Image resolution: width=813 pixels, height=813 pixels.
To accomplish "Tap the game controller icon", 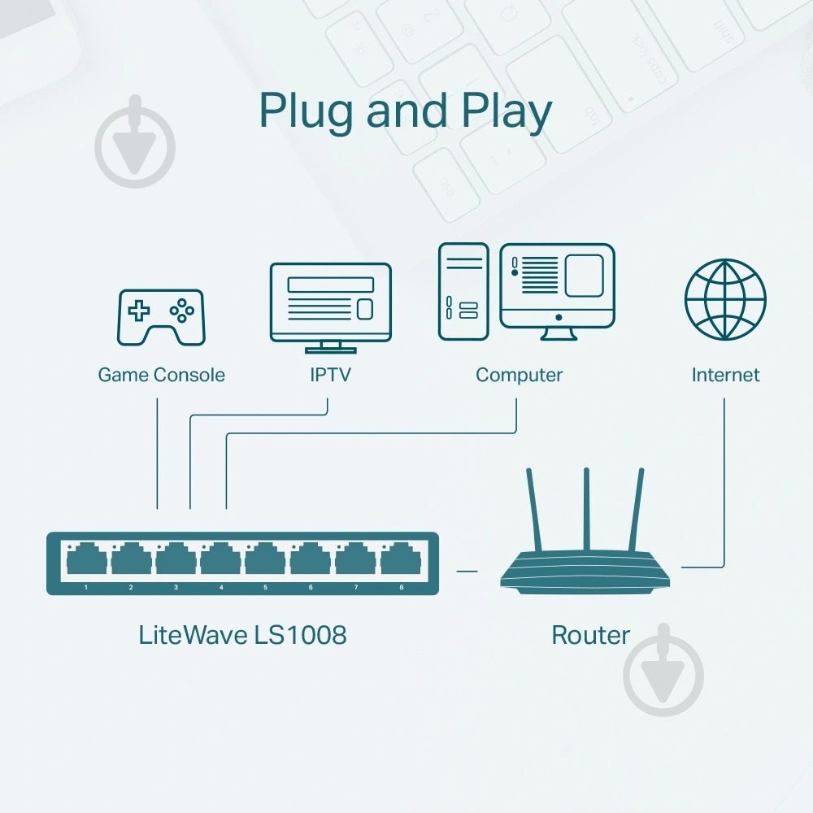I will point(162,316).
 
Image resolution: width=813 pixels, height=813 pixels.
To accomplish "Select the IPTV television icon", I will point(330,306).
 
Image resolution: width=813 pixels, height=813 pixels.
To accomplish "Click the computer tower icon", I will point(463,291).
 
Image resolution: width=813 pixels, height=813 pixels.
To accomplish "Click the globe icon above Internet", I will point(725,299).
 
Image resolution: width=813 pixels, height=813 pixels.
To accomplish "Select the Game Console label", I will point(161,375).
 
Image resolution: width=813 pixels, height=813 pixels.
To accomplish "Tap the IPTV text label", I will point(330,375).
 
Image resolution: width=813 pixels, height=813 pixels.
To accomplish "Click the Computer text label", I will point(519,375).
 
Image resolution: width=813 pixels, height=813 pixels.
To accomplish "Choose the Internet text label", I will point(725,375).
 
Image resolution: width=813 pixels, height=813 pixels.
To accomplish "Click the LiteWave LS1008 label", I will point(242,634).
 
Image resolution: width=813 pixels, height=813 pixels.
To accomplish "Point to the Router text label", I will point(590,634).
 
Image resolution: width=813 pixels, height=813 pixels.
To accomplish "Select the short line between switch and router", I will point(467,572).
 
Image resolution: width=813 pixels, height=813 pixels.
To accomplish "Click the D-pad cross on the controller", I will point(141,310).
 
